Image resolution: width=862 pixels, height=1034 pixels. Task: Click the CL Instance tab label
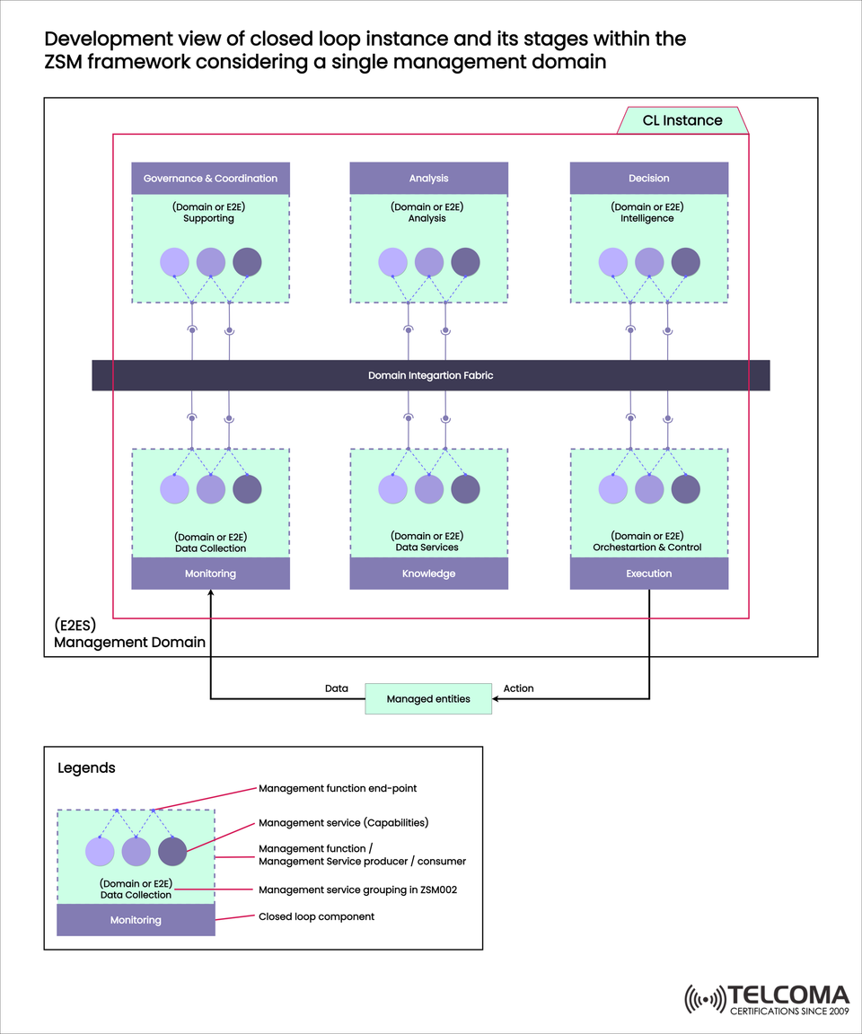point(682,120)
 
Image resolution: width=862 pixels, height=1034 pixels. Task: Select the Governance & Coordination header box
point(210,179)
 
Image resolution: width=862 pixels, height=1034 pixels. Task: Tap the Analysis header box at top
point(428,179)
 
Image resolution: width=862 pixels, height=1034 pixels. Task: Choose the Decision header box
point(648,179)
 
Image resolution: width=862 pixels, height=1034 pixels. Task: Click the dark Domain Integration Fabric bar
point(430,375)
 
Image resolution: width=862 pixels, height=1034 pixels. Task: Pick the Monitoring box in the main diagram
point(210,574)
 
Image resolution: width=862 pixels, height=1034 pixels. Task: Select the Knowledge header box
point(428,574)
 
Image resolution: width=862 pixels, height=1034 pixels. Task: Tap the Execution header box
point(648,574)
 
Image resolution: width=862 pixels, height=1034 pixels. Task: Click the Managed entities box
point(428,699)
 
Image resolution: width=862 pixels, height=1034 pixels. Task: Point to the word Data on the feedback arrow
point(336,688)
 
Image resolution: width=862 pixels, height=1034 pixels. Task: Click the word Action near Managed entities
point(518,688)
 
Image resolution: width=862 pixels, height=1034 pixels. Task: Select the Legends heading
point(86,768)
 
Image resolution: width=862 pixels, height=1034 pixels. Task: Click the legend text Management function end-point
point(338,788)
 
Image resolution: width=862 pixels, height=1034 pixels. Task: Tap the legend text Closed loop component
point(316,917)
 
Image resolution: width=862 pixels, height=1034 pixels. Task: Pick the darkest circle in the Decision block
point(685,262)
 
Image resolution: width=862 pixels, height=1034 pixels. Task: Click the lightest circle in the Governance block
point(174,262)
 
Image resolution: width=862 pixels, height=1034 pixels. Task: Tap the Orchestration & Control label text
point(647,548)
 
